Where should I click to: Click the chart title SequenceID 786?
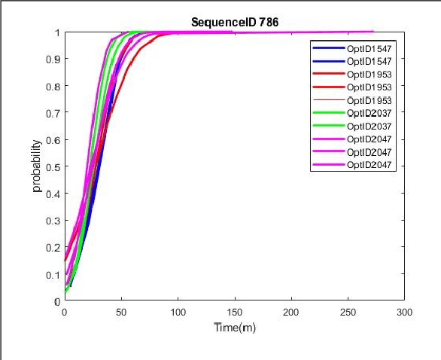(x=234, y=22)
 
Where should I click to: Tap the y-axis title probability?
(x=37, y=166)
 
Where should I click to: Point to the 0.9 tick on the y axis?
(x=54, y=59)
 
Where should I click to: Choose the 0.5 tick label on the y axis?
(x=54, y=166)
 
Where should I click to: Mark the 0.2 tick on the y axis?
(x=54, y=247)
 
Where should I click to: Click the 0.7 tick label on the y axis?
(x=54, y=113)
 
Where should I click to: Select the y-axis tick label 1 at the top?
(x=58, y=33)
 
